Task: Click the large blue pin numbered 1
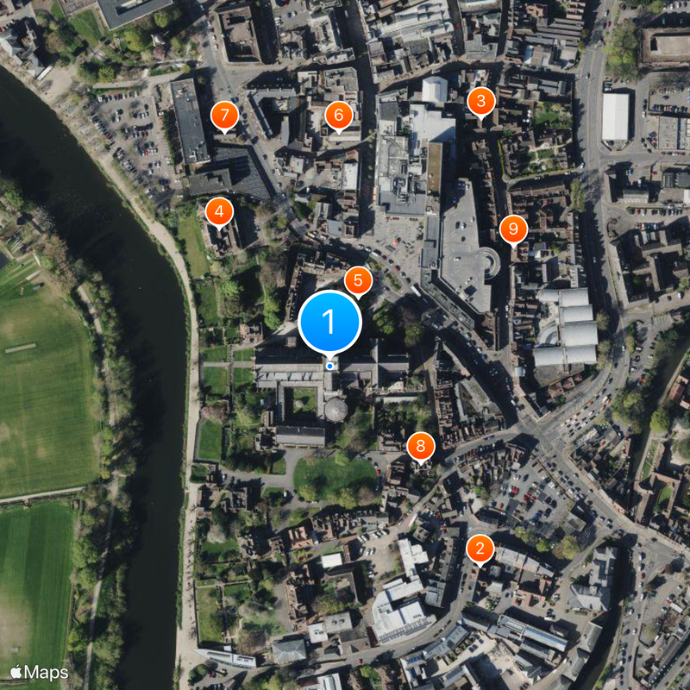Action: tap(329, 321)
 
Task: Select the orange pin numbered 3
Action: tap(480, 102)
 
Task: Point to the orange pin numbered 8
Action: tap(420, 446)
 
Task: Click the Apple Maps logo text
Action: tap(40, 671)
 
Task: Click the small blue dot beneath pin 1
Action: tap(329, 366)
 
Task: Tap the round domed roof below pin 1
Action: tap(336, 410)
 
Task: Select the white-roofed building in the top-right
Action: tap(615, 116)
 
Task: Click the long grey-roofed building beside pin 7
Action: tap(189, 121)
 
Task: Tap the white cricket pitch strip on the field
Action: tap(20, 348)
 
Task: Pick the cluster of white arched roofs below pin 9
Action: tap(566, 328)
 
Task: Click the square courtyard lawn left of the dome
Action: tap(303, 399)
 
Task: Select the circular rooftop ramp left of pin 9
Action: tap(490, 261)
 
